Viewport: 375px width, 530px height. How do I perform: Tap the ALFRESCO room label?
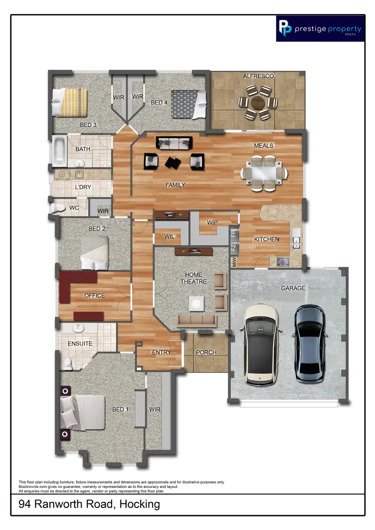point(258,76)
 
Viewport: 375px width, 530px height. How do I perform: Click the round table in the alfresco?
point(258,103)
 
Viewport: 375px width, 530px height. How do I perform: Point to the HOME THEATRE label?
point(193,278)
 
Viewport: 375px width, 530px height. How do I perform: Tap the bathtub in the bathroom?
point(59,150)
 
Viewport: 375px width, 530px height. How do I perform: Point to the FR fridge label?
point(233,233)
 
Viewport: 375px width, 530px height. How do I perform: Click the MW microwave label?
point(233,261)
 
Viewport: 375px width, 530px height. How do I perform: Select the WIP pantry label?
point(211,222)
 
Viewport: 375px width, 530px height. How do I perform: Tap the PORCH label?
point(206,352)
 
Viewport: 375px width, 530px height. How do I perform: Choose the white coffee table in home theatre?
point(195,302)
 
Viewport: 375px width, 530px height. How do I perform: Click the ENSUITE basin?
point(78,328)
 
